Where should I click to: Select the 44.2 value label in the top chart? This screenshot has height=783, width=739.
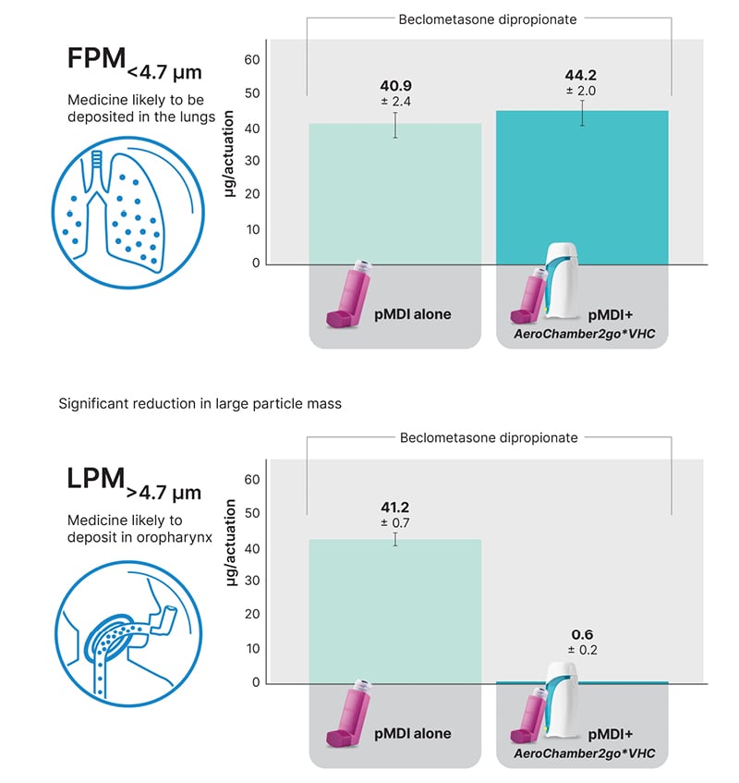tap(582, 75)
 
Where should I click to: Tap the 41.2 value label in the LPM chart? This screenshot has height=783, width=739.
tap(395, 507)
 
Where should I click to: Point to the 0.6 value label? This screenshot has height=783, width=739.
tap(582, 634)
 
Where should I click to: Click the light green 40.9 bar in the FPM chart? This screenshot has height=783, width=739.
tap(395, 194)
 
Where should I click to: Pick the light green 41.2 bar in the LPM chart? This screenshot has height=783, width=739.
tap(395, 610)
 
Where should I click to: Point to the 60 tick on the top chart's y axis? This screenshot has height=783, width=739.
tap(252, 60)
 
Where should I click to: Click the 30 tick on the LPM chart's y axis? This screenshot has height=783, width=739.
tap(252, 581)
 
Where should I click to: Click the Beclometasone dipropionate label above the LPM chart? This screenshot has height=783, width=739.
tap(489, 437)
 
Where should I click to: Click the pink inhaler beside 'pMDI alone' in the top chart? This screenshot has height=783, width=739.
tap(348, 295)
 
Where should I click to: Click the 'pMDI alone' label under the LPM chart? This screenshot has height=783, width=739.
tap(413, 733)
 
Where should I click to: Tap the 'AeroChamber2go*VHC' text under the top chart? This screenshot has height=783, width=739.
tap(584, 334)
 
